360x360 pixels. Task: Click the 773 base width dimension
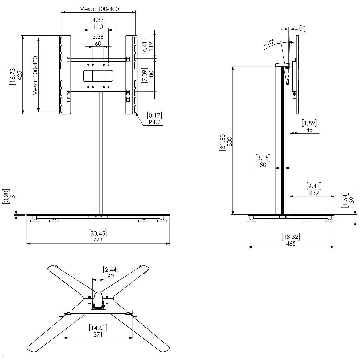98,240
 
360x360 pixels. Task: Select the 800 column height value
230,141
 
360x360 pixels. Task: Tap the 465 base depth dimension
291,244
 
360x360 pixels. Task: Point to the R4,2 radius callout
155,122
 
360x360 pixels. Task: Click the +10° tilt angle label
269,43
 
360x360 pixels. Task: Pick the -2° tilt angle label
301,27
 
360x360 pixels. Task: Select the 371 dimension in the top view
98,334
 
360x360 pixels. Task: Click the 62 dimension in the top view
111,276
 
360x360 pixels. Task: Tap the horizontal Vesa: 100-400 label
100,9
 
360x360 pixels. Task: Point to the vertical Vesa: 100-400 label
35,76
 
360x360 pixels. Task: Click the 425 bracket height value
20,75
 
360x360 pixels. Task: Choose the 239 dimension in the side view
314,193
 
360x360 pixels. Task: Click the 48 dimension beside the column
309,130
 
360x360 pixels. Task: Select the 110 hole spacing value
98,27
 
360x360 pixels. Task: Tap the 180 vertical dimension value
151,75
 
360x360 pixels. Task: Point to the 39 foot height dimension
352,200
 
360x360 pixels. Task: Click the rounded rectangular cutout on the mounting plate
98,76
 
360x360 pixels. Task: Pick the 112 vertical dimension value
151,46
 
